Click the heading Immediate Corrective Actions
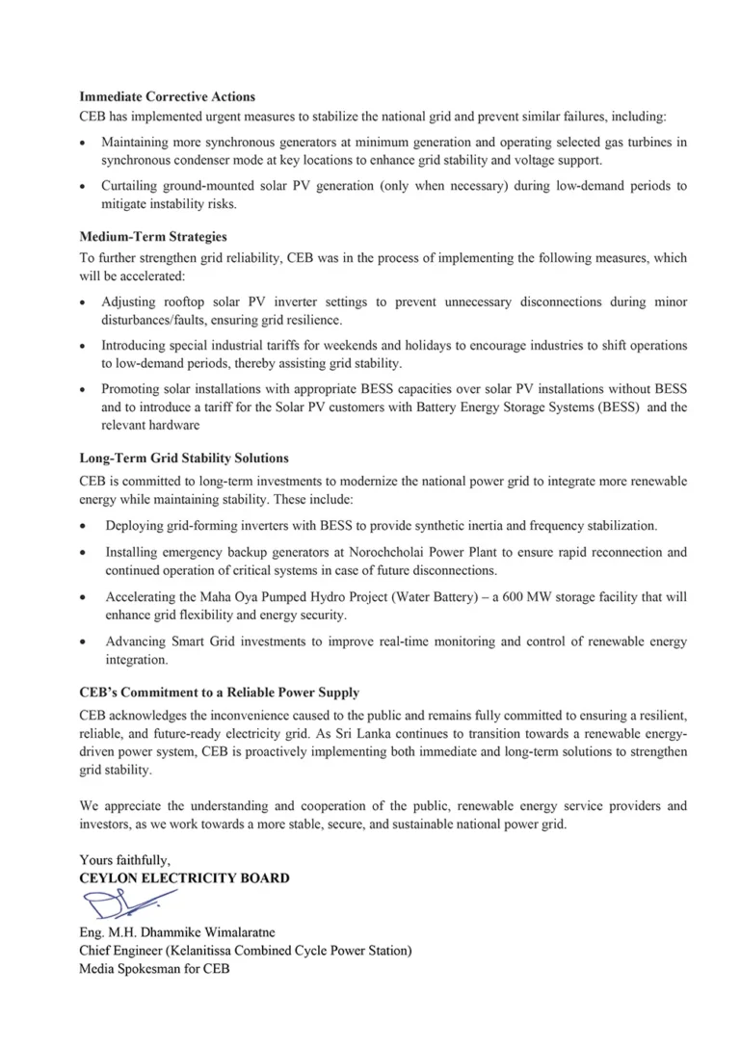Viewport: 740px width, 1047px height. click(x=167, y=97)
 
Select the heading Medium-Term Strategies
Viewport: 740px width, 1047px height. click(x=152, y=236)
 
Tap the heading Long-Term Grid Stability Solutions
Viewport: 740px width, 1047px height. click(x=184, y=458)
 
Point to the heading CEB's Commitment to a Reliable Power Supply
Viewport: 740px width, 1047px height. click(x=220, y=693)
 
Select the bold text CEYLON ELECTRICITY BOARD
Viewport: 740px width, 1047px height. click(x=184, y=878)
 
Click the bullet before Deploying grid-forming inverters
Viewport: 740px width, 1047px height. click(x=85, y=527)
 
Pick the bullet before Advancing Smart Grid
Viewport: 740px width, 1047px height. click(x=85, y=641)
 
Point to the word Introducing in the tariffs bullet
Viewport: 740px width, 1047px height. click(x=136, y=346)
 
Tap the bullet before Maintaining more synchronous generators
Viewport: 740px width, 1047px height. click(x=85, y=143)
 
